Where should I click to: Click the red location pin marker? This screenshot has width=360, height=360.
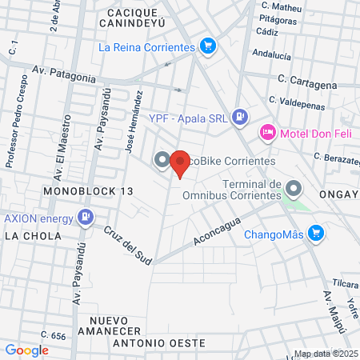(179, 163)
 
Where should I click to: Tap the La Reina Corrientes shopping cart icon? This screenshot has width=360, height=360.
(208, 46)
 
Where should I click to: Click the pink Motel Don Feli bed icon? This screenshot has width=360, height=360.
(267, 131)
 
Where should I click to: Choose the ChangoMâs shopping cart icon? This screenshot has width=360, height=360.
(317, 233)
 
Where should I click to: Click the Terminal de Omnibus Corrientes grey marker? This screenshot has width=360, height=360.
(294, 189)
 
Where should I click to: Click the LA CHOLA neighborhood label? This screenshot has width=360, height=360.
(29, 236)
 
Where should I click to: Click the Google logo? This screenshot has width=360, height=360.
(27, 350)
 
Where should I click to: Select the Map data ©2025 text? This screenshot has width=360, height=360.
(326, 354)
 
